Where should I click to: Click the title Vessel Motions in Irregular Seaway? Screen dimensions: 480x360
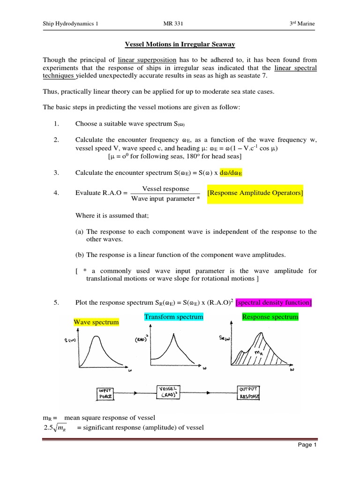180,45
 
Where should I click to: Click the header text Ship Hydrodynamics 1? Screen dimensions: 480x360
71,24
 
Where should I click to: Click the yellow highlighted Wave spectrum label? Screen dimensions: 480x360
96,322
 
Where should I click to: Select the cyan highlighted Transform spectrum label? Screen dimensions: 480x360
173,317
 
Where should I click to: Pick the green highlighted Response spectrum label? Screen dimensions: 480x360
270,317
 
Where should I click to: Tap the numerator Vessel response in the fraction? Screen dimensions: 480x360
165,188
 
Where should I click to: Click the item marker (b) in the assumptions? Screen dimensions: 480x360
80,255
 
